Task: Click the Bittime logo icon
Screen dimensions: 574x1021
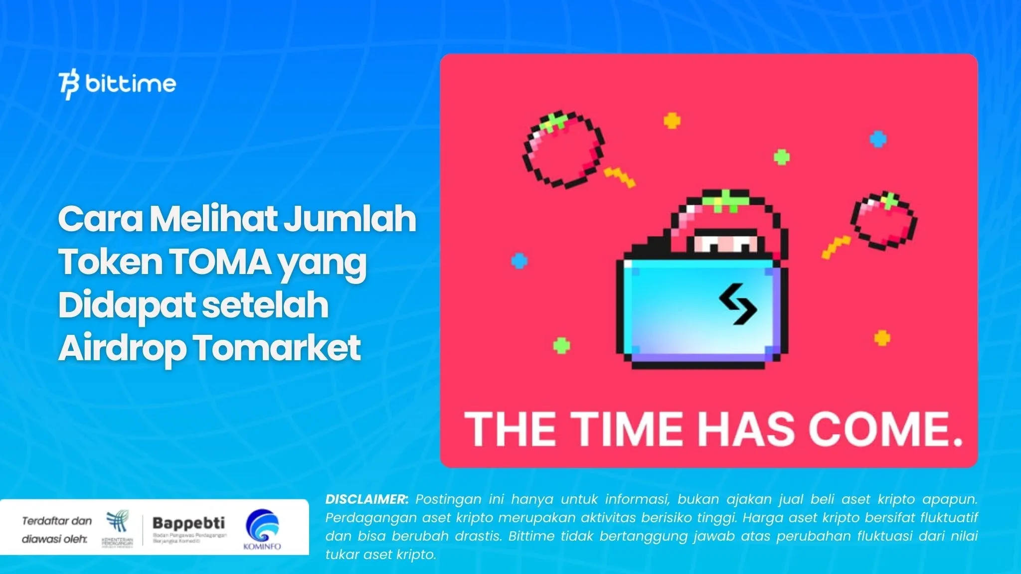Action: pos(69,85)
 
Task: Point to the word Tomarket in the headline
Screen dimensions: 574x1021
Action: pos(277,347)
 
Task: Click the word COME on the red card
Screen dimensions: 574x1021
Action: pos(880,429)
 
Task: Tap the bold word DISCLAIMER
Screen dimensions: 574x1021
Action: pos(366,499)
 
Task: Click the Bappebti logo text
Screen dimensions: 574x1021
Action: pos(188,523)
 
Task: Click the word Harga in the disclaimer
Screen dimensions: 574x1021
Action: pos(757,518)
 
